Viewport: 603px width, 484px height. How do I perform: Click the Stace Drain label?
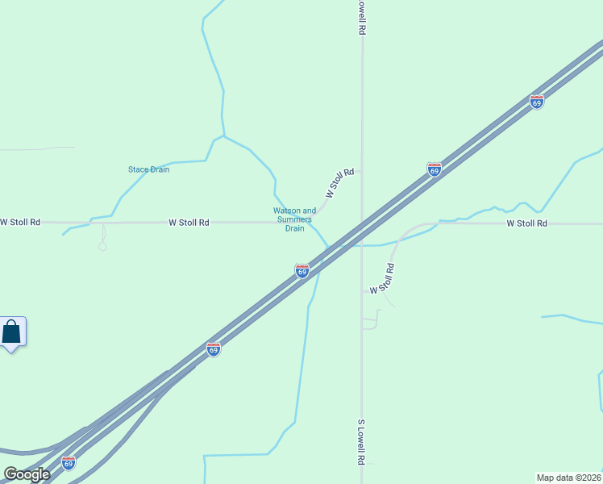point(148,169)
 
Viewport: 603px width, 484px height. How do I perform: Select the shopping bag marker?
point(12,332)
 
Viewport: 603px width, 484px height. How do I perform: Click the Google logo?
point(27,474)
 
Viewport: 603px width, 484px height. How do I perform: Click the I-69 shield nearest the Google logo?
point(69,462)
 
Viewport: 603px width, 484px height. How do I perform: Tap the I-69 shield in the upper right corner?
point(537,102)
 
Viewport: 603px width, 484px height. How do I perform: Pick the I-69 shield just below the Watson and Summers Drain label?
point(302,271)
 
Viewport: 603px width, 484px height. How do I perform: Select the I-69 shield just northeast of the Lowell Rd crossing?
point(435,169)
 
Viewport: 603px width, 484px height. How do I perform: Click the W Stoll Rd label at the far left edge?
point(20,222)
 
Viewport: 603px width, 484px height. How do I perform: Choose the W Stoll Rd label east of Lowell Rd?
point(526,223)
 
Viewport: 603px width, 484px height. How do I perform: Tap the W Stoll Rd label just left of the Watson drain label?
point(189,222)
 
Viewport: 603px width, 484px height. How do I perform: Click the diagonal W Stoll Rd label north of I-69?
point(340,183)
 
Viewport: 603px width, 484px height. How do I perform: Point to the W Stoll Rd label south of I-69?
point(383,278)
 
